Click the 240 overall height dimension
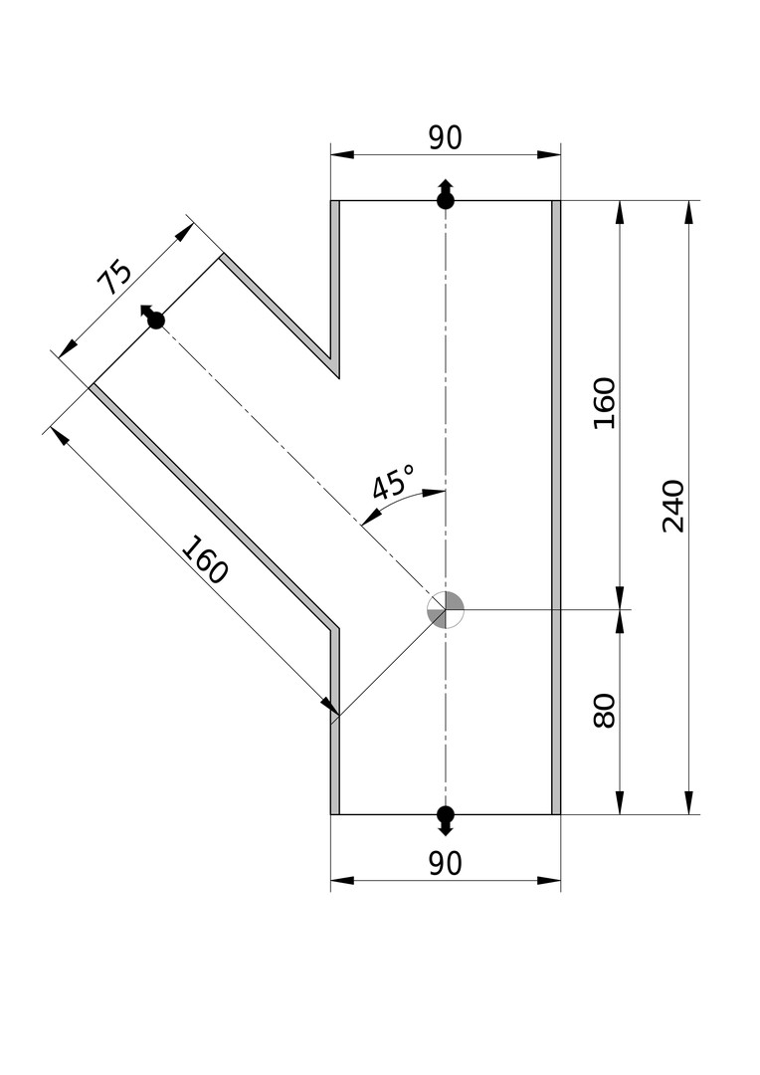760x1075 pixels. (x=674, y=506)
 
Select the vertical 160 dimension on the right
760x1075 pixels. (x=605, y=402)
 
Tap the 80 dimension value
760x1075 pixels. (x=605, y=710)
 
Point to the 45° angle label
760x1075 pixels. (x=392, y=485)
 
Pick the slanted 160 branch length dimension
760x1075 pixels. (x=205, y=560)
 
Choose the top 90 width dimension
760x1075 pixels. (x=445, y=138)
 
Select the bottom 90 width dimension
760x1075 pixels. (x=445, y=864)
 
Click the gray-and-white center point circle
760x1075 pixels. (x=446, y=609)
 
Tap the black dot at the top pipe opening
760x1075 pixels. (x=446, y=201)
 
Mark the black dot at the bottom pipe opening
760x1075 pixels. (x=446, y=813)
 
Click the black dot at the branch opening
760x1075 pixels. (x=156, y=321)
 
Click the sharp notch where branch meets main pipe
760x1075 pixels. (x=337, y=373)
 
